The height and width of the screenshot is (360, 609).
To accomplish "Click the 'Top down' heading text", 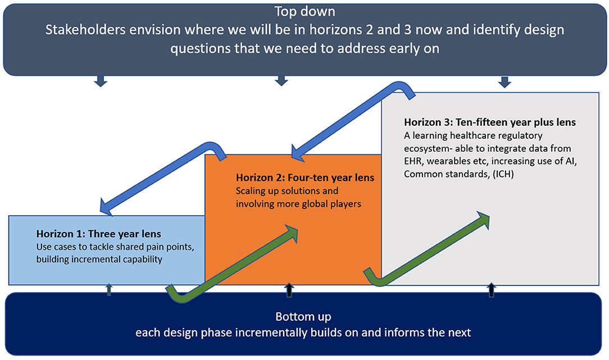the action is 304,12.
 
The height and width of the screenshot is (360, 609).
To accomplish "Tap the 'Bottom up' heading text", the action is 303,317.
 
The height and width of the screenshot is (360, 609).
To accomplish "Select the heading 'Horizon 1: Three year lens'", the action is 99,234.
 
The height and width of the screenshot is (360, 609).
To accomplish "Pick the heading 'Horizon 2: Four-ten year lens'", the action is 305,177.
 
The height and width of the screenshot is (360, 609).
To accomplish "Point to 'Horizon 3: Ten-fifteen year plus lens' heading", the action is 490,122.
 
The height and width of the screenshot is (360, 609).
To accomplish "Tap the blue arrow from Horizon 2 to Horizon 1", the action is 163,179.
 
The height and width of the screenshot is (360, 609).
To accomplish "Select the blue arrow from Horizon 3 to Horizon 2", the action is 353,121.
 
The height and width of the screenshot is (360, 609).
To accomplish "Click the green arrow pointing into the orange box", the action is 232,264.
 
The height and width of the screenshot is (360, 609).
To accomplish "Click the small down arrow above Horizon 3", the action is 505,82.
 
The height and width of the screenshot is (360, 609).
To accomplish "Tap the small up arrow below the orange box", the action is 289,290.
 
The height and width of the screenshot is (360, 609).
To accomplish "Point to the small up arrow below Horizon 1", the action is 109,289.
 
